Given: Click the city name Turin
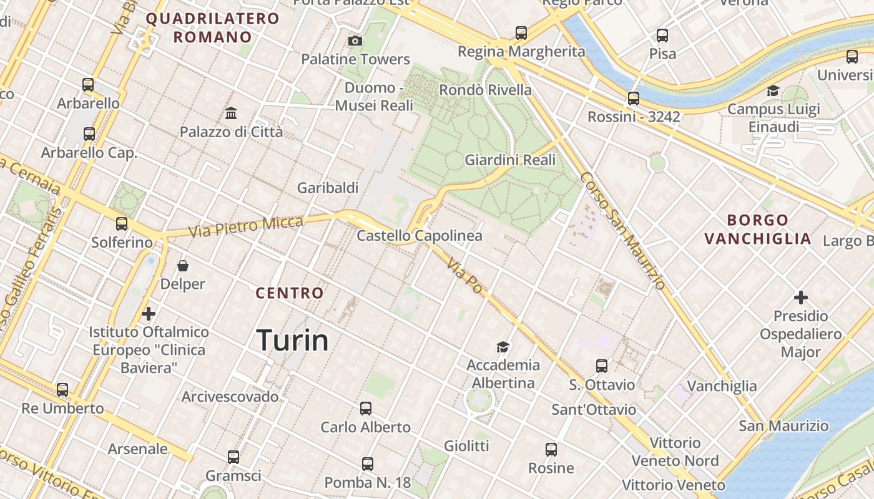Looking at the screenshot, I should pos(292,341).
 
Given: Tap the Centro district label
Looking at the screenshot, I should pos(290,293).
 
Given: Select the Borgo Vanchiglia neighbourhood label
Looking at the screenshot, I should pos(758,229).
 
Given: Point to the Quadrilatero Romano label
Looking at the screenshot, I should pos(212,27).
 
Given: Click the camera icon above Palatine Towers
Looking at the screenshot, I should pos(355,41).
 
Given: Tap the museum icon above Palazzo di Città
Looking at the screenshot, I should pos(231,114).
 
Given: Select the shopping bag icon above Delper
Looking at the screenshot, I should pos(183,266).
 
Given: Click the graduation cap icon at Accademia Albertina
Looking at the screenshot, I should pos(503,347).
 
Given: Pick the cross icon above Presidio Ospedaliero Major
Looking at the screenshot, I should pos(800,298).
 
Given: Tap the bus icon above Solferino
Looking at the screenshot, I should pos(122,224).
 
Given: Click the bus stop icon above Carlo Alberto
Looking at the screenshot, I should pos(366,409).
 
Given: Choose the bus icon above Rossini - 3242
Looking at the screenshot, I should pos(634,98).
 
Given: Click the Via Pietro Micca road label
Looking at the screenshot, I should pos(246,226).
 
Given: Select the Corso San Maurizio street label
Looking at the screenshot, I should pos(622,231).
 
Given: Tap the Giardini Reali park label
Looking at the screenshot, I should pos(510,160).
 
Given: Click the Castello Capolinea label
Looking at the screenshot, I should pos(420,236).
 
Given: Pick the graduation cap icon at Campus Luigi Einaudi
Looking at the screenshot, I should pos(773,91).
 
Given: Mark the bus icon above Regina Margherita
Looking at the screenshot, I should pos(521,32).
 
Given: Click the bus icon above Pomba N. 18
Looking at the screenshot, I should pos(368,464).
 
